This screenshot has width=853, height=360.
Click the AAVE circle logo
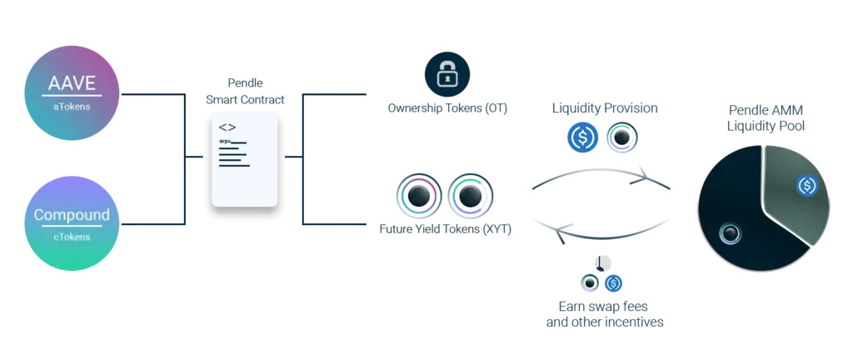click(72, 92)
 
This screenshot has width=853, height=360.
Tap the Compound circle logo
click(72, 223)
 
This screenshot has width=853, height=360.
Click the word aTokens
click(72, 107)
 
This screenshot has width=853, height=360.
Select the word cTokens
click(72, 237)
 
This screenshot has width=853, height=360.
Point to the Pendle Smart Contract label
click(245, 92)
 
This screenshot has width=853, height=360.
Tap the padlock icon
click(447, 75)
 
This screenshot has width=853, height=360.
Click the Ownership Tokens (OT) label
click(447, 108)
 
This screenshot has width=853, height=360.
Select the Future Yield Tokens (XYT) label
click(445, 228)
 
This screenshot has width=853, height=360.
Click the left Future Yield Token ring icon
click(419, 197)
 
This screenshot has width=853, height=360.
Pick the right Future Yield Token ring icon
click(471, 197)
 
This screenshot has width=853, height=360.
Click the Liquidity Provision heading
click(605, 108)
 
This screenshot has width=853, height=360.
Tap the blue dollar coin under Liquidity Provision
click(583, 137)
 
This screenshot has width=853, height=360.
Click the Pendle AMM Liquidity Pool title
click(766, 117)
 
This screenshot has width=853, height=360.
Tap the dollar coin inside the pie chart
click(806, 186)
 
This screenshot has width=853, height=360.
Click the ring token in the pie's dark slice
click(731, 234)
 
